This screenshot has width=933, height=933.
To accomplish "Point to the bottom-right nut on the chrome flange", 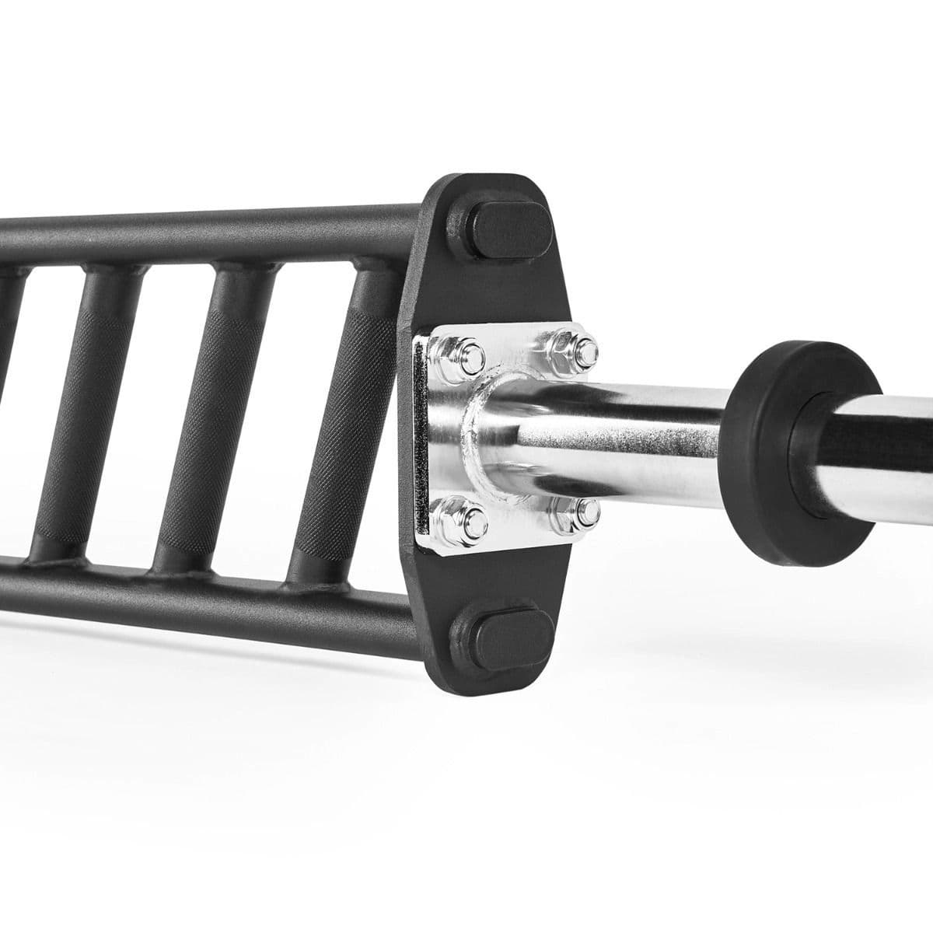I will tap(573, 510).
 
